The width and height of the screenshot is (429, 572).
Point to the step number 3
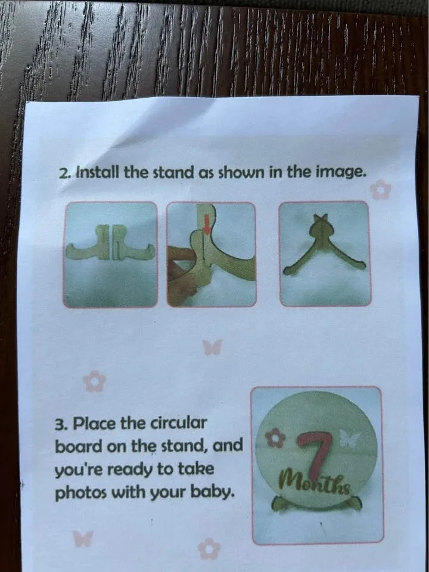[x=60, y=425]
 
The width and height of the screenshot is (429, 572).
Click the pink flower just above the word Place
[x=94, y=381]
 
